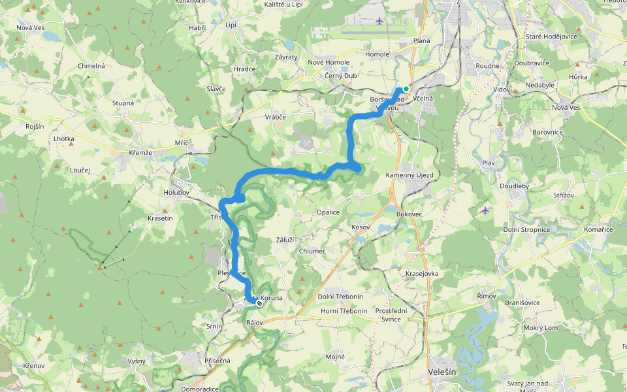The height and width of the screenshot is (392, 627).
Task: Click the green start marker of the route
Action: point(406,89)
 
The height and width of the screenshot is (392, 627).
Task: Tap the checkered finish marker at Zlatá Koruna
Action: point(259,304)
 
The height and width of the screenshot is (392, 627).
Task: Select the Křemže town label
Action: point(140,152)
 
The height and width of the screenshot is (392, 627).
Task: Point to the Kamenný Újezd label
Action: point(428,176)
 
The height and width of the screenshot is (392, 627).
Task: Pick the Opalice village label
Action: point(328,212)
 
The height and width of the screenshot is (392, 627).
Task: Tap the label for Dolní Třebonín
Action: point(340,297)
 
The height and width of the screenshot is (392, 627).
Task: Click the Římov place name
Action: point(486,297)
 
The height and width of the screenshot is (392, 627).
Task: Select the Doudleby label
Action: point(514,186)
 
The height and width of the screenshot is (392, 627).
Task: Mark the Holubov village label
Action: point(176,193)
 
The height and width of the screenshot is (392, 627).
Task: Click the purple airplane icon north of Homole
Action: point(379,21)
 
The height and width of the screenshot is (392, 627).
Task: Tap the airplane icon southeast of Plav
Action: point(485,210)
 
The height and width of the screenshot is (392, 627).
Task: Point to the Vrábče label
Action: point(276,117)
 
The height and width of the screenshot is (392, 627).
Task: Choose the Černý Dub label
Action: point(340,76)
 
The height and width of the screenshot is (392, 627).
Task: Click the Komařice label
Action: point(599,231)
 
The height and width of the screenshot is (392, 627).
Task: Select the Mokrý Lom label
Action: point(541,327)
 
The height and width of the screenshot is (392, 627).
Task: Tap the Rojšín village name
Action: point(35,126)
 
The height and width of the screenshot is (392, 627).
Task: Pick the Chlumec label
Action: point(312,252)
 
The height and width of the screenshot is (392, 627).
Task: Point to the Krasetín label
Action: point(160,218)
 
